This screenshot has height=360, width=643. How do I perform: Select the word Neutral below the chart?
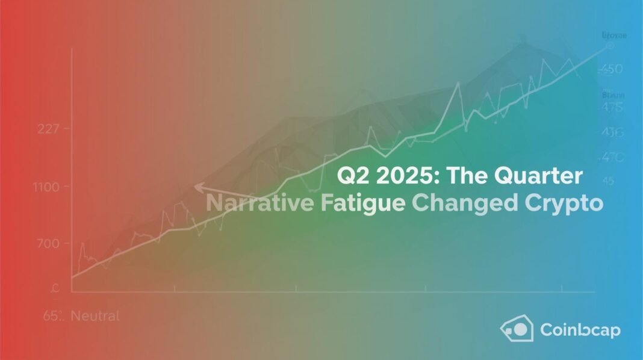97,315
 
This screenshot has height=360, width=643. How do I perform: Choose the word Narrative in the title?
259,203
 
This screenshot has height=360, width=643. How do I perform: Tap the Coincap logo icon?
517,329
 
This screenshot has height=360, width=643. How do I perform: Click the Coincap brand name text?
580,330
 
